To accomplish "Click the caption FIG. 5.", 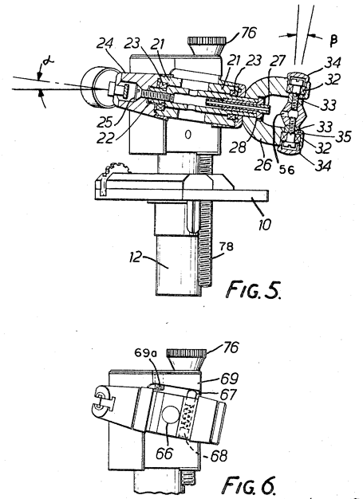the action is (254, 289).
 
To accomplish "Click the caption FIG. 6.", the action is (248, 485).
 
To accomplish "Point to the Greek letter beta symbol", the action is (333, 41).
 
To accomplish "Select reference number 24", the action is (105, 43).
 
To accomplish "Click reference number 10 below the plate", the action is (264, 225).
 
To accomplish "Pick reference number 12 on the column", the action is (135, 257).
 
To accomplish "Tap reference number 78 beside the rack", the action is (226, 246).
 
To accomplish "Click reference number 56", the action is (286, 170).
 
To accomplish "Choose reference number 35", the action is (344, 136).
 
